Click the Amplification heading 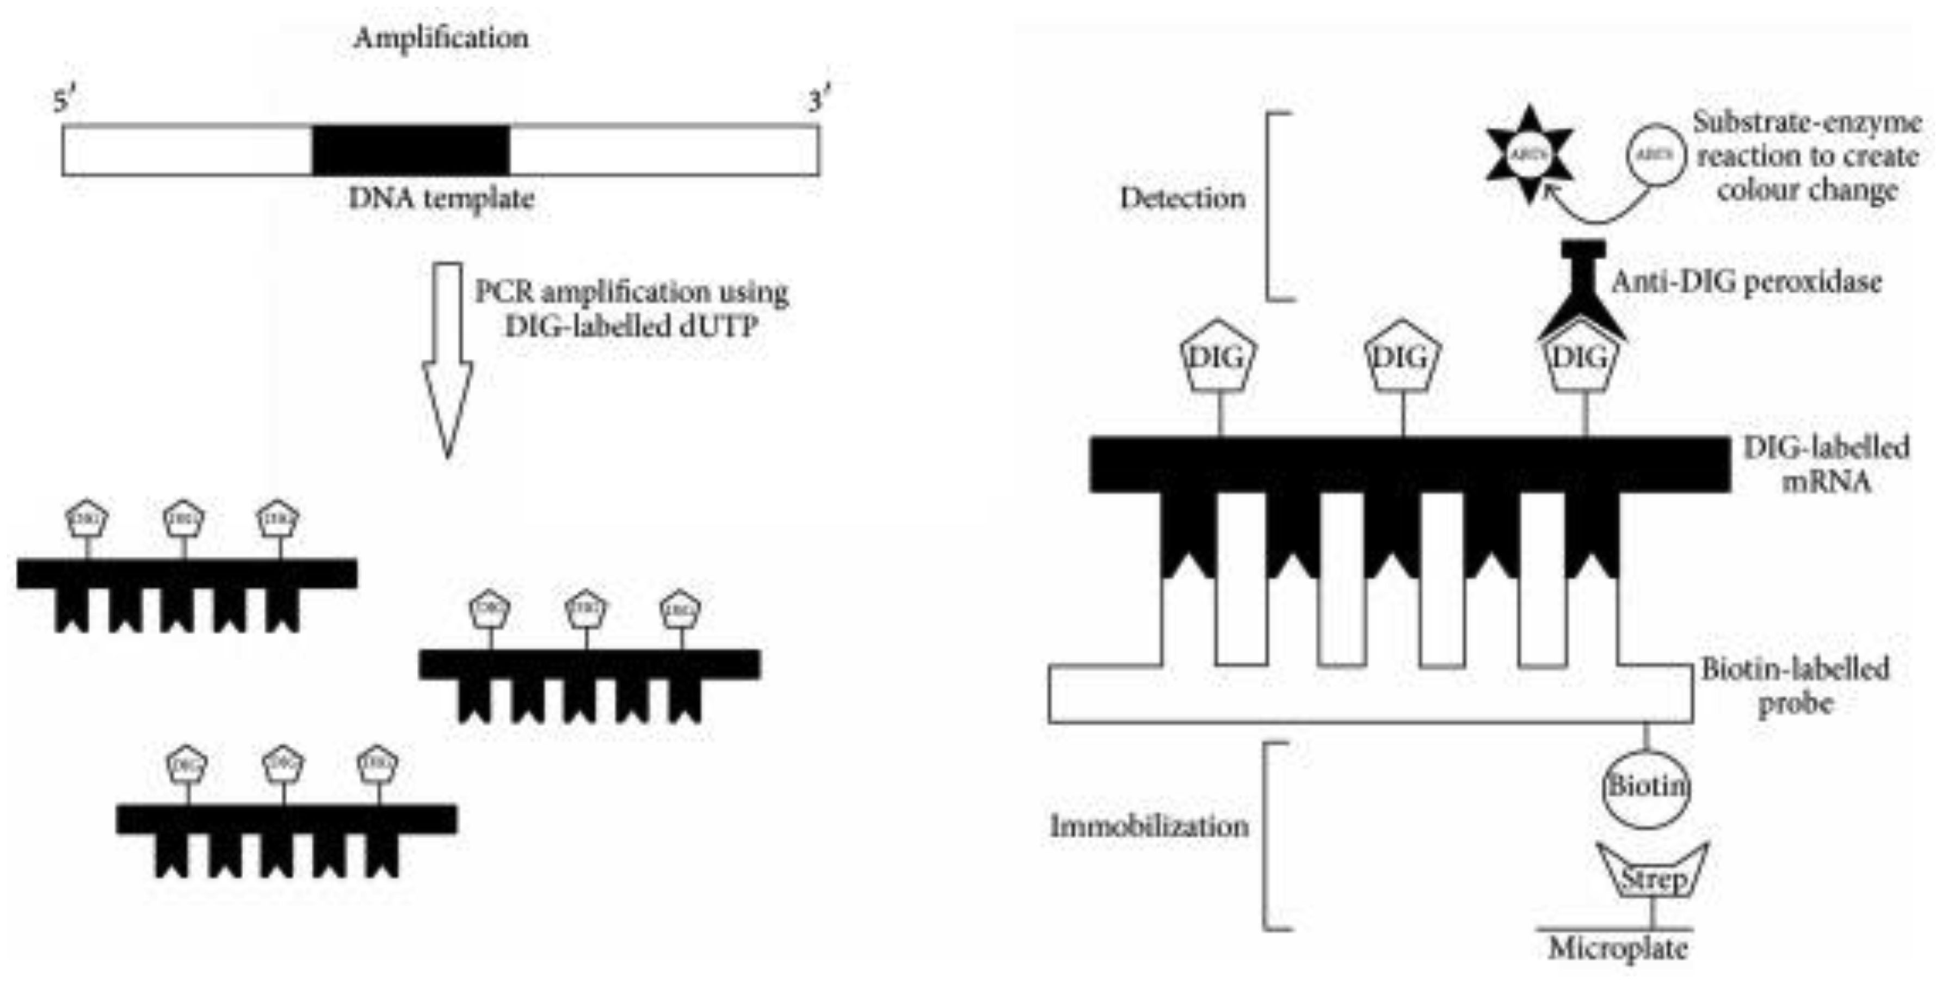(441, 38)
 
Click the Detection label (1182, 198)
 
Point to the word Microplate (1618, 948)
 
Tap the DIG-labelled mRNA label (1826, 464)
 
